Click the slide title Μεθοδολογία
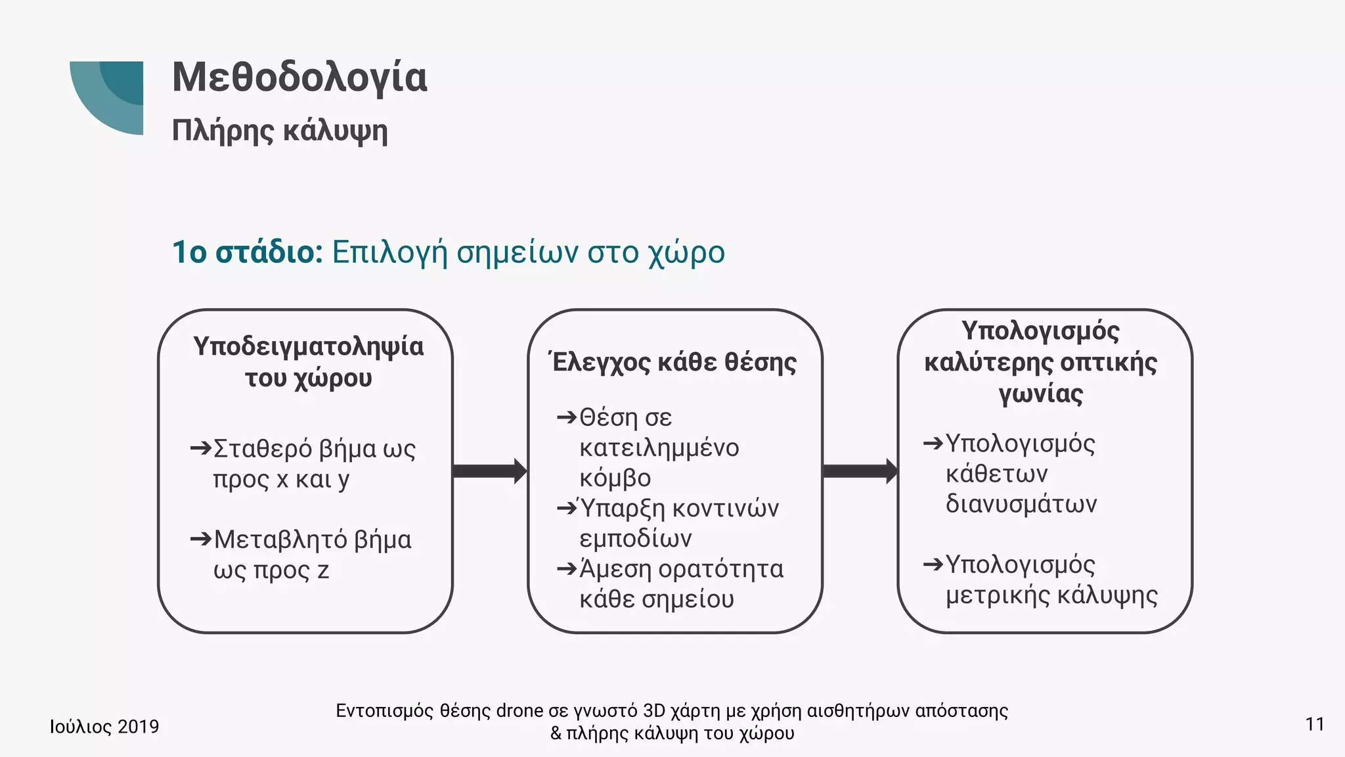click(299, 78)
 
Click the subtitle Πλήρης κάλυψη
click(280, 130)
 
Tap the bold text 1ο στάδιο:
click(247, 252)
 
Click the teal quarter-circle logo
click(108, 96)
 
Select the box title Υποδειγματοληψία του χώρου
click(308, 361)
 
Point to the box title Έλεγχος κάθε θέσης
click(674, 362)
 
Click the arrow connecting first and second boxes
click(489, 470)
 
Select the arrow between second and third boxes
click(860, 470)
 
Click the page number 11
click(1315, 724)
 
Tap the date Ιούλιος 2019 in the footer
click(104, 726)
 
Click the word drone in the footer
click(519, 711)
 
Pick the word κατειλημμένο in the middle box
click(659, 447)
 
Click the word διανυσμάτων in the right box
click(1021, 504)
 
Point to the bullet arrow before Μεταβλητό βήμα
click(200, 539)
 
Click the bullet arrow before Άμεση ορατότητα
click(566, 568)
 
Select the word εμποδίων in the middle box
click(635, 539)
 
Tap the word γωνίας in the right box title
click(1040, 394)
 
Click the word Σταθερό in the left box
click(263, 449)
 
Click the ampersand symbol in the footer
click(556, 733)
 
